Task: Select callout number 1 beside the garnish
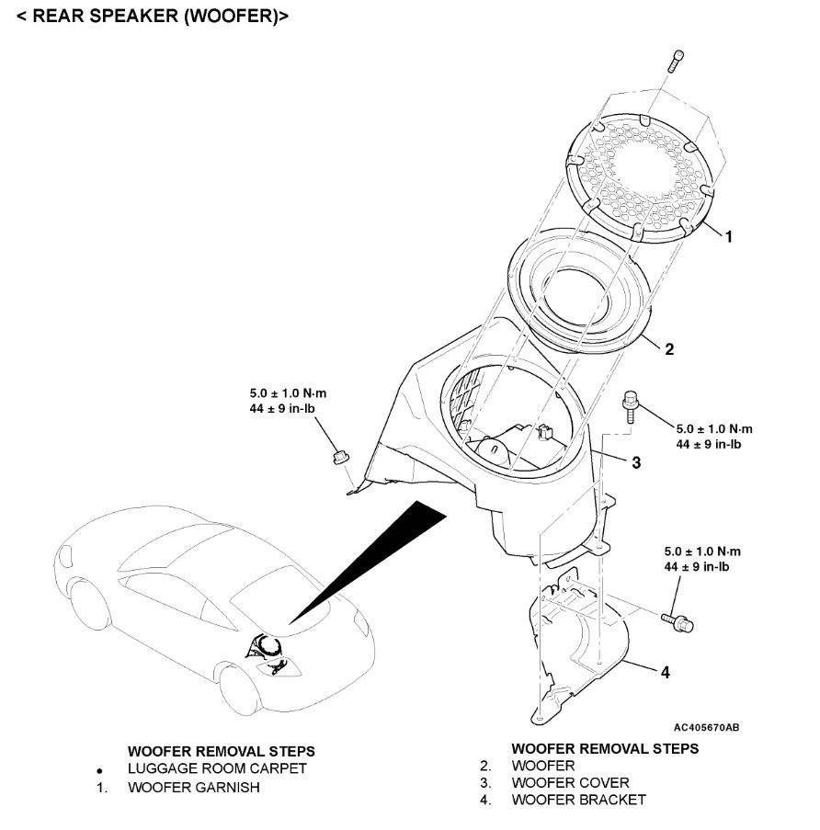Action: click(728, 236)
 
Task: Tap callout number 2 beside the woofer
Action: click(669, 349)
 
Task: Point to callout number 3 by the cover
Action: click(635, 461)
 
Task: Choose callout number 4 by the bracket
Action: click(665, 672)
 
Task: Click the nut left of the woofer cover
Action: click(336, 454)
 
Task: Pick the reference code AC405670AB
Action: click(706, 727)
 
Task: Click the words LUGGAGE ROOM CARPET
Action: click(217, 768)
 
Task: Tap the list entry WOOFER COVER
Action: click(570, 782)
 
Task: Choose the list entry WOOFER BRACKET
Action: click(578, 800)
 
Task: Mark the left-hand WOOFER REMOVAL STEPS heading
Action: click(222, 751)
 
